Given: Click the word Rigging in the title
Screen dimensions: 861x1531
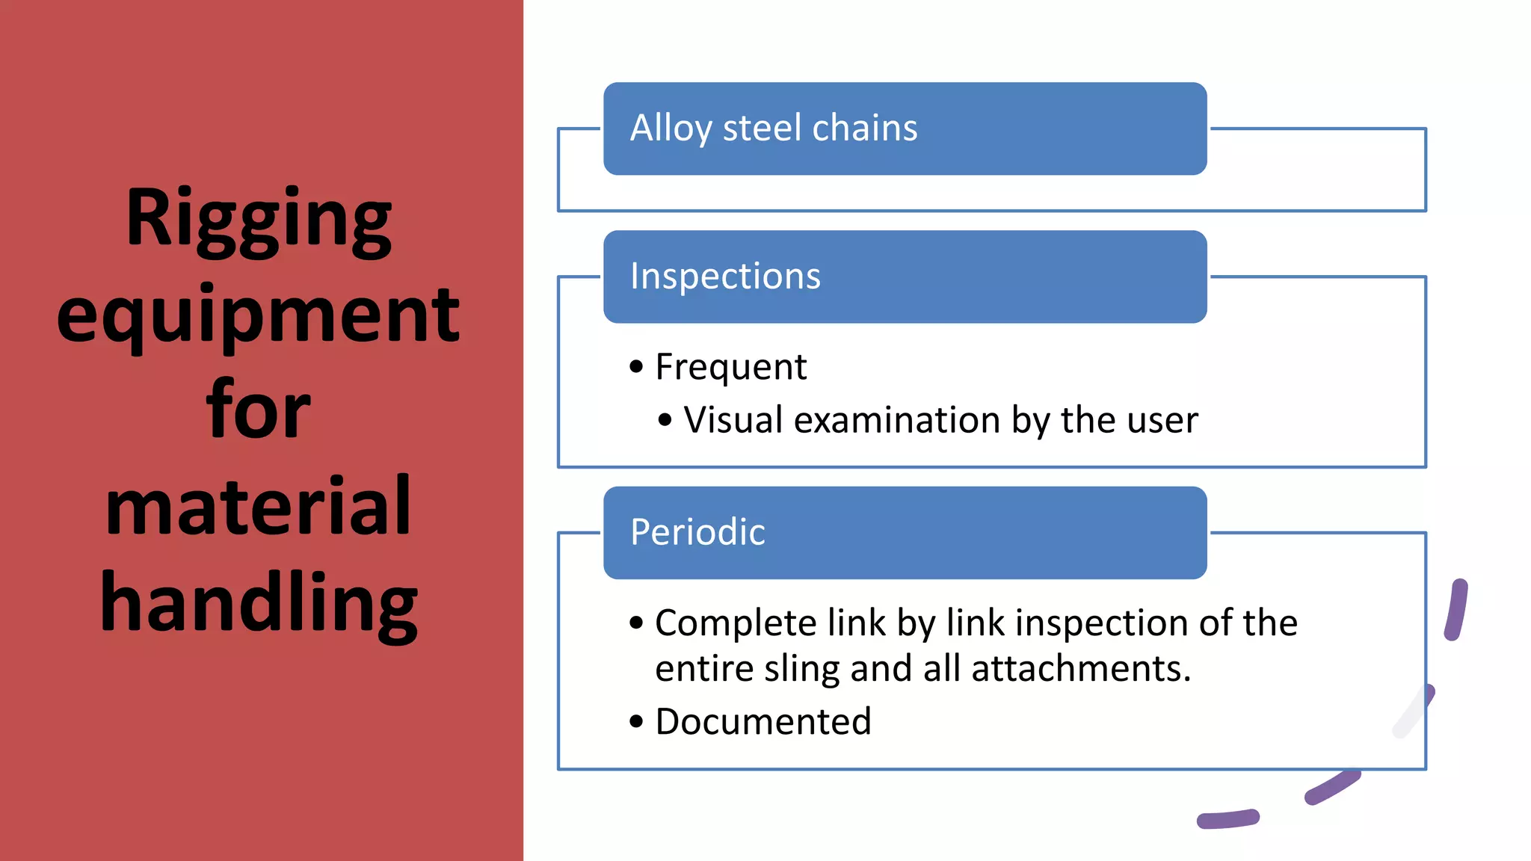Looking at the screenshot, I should tap(259, 218).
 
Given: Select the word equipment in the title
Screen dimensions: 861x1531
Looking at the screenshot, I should tap(259, 315).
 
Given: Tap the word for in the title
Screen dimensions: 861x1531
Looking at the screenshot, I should tap(259, 410).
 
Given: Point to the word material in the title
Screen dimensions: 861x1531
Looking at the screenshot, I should tap(259, 507).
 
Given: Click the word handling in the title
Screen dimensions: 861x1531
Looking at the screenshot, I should tap(259, 602).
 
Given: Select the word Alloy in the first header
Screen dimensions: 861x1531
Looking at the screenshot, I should tap(671, 129).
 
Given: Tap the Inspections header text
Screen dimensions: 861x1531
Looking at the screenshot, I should tap(725, 277).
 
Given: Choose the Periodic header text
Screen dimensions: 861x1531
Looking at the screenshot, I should tap(697, 532).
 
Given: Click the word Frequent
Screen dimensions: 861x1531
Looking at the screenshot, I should tap(731, 367).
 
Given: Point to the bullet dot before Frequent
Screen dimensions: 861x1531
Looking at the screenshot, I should tap(636, 367).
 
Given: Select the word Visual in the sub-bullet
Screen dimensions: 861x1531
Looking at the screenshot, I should tap(733, 420).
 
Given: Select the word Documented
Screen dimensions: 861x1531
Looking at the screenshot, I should tap(763, 722).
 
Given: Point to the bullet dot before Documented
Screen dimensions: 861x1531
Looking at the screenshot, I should tap(636, 722).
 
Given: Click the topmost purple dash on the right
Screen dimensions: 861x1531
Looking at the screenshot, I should tap(1456, 609).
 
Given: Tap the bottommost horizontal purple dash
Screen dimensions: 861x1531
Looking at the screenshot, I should tap(1227, 819).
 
